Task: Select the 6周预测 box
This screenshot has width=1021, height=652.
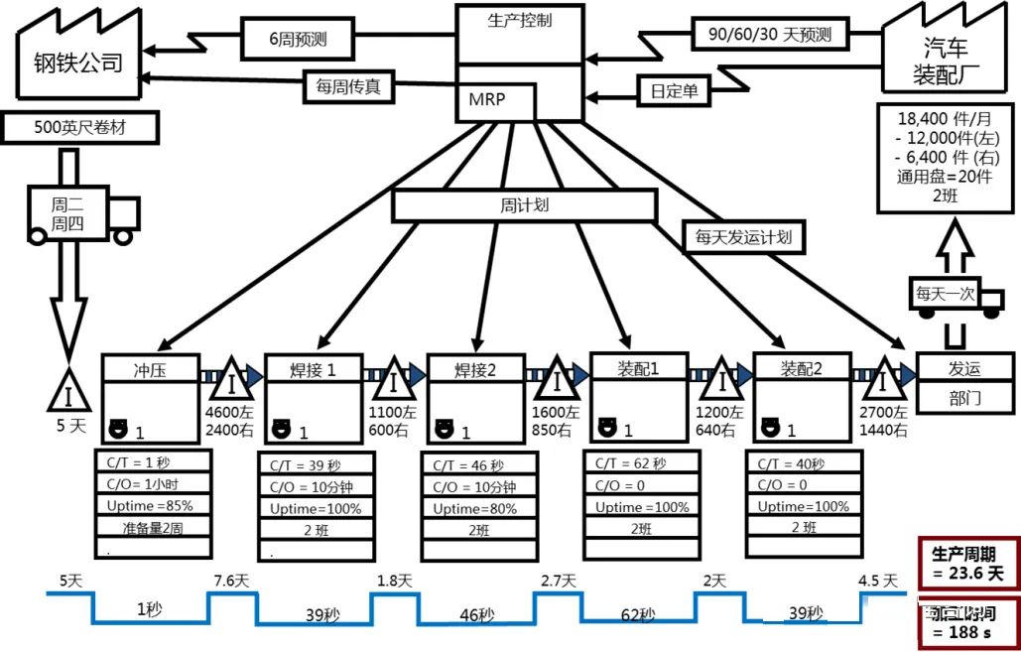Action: [298, 40]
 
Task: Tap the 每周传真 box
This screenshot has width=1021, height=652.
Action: [348, 87]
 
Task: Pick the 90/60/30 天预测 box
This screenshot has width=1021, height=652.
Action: [769, 35]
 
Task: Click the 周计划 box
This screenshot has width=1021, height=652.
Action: [524, 205]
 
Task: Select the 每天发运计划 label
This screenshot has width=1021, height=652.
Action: [743, 237]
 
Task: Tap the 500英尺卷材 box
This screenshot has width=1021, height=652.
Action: [69, 126]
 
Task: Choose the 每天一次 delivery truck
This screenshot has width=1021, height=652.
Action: [945, 295]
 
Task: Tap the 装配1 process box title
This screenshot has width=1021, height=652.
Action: [640, 368]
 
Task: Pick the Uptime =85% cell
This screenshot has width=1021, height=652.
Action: [152, 505]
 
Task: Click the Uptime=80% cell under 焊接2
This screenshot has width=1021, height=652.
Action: [475, 508]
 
